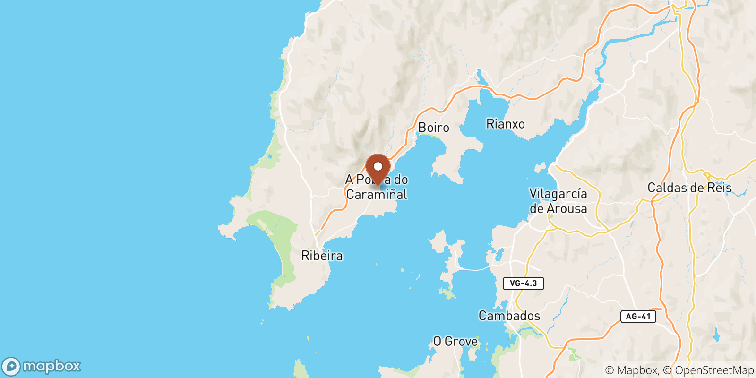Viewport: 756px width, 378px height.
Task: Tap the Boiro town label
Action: tap(433, 128)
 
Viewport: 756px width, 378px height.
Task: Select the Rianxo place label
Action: tap(506, 124)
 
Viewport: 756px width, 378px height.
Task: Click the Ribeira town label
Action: tap(322, 256)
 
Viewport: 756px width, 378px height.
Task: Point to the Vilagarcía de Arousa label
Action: tap(558, 201)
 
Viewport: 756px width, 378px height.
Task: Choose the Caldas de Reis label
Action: tap(689, 188)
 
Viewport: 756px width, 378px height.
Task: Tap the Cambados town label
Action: tap(509, 316)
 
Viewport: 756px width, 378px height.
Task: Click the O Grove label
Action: tap(455, 341)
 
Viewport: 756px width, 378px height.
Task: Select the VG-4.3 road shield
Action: tap(524, 283)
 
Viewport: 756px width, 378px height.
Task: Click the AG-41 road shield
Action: tap(638, 317)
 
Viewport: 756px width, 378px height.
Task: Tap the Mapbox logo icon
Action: tap(11, 366)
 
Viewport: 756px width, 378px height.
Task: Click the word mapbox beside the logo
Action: tap(52, 366)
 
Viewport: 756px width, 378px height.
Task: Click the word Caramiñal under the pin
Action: tap(377, 195)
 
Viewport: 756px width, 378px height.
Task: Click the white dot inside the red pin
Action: tap(378, 166)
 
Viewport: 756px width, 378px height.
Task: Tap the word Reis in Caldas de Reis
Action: tap(719, 188)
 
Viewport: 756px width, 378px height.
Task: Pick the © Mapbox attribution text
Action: tap(631, 370)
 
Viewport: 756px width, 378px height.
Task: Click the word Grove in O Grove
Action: tap(461, 341)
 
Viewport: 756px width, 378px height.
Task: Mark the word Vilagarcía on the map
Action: tap(558, 194)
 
